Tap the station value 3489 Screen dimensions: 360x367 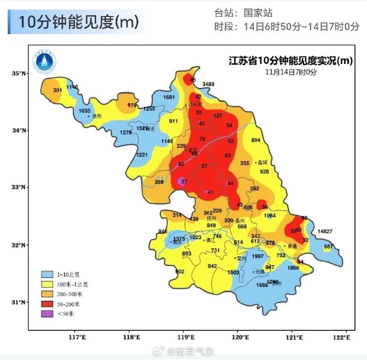coord(208,84)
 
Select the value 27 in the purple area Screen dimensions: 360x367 coord(184,182)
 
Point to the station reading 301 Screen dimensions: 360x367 coord(57,90)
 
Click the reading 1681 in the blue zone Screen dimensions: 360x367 coord(169,97)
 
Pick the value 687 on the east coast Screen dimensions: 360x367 coord(328,247)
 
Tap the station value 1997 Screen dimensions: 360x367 coord(258,256)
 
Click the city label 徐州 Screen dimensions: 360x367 coord(96,116)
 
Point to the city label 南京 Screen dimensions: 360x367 coord(177,242)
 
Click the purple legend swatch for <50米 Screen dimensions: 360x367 coord(48,314)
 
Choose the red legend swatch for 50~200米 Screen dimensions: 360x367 coord(48,304)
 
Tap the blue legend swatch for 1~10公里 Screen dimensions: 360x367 coord(48,274)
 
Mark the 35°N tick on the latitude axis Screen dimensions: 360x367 coord(20,73)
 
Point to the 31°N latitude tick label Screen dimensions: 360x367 coord(20,302)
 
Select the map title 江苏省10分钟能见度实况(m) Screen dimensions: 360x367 coord(287,61)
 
